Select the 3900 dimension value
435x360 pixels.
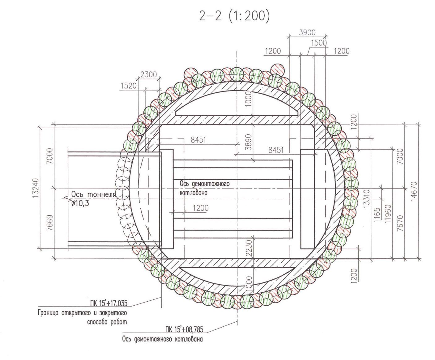pyautogui.click(x=307, y=32)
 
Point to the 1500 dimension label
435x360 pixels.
pyautogui.click(x=319, y=43)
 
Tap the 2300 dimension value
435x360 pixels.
pyautogui.click(x=148, y=74)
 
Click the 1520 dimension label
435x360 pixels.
pyautogui.click(x=129, y=86)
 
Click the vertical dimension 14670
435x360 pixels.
pyautogui.click(x=414, y=191)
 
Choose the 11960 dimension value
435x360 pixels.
pyautogui.click(x=388, y=214)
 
